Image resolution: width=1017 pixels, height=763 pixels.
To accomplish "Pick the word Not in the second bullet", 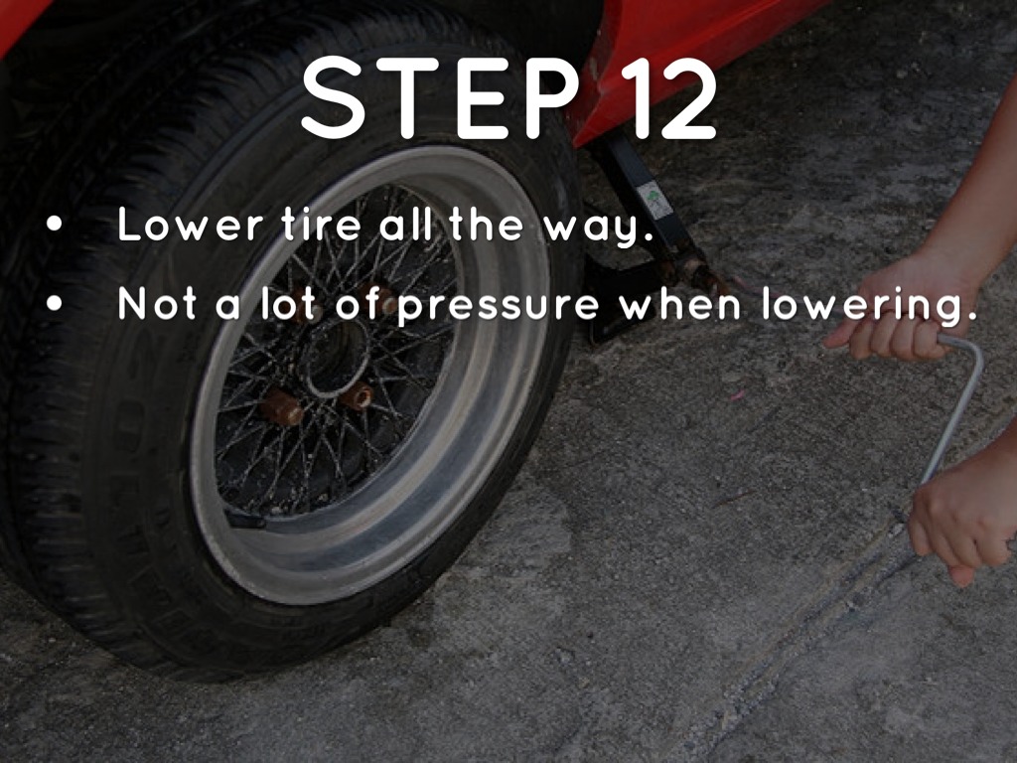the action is [x=157, y=302].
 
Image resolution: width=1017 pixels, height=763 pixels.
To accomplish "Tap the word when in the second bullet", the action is [x=679, y=302].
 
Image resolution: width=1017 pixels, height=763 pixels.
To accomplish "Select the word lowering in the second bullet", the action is [x=869, y=305].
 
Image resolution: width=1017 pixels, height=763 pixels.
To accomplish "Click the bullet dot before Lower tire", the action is [x=55, y=225].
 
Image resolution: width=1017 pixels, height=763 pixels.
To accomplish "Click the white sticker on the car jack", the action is [x=655, y=200].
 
